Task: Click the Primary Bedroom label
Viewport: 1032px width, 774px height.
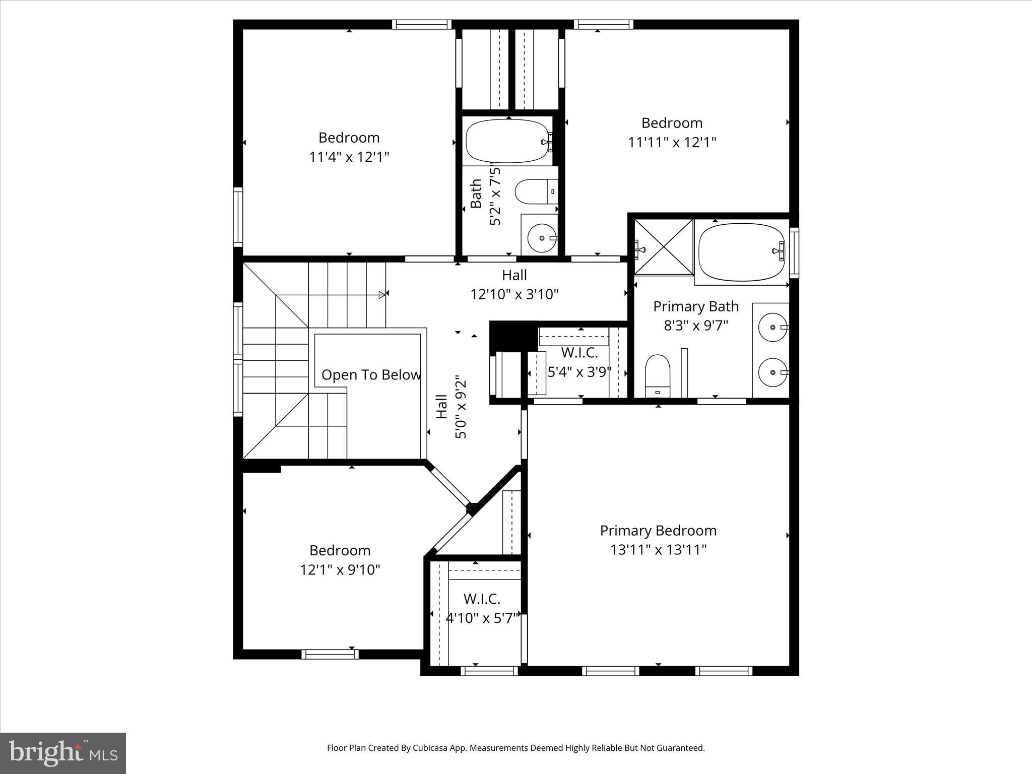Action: pyautogui.click(x=658, y=531)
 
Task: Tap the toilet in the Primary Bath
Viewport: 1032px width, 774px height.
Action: pyautogui.click(x=658, y=375)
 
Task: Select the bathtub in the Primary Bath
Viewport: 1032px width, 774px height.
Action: pyautogui.click(x=741, y=252)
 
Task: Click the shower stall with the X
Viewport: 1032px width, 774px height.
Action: pyautogui.click(x=664, y=247)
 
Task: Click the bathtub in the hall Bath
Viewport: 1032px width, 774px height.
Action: pyautogui.click(x=507, y=141)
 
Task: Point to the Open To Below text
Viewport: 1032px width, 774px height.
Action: pyautogui.click(x=371, y=375)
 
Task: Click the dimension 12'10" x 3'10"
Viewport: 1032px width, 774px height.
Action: pyautogui.click(x=514, y=294)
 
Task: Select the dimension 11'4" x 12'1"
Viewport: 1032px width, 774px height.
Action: pyautogui.click(x=349, y=157)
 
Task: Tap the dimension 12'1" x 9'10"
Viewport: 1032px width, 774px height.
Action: pyautogui.click(x=340, y=570)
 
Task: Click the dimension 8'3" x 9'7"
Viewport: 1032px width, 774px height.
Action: pyautogui.click(x=696, y=326)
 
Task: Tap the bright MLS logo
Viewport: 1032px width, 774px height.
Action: pyautogui.click(x=63, y=753)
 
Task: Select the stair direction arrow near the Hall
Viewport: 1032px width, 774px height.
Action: pyautogui.click(x=382, y=295)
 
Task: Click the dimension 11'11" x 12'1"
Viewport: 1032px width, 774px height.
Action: pyautogui.click(x=672, y=143)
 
